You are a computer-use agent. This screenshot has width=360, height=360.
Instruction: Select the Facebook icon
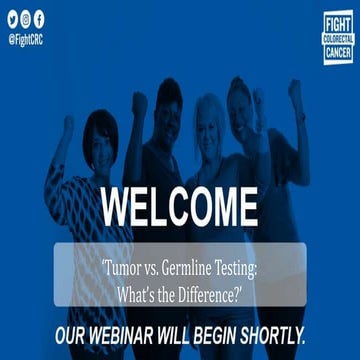tap(39, 19)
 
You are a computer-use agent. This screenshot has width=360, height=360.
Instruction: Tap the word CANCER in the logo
tap(338, 50)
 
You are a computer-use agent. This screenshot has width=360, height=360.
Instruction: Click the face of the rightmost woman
tap(240, 100)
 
